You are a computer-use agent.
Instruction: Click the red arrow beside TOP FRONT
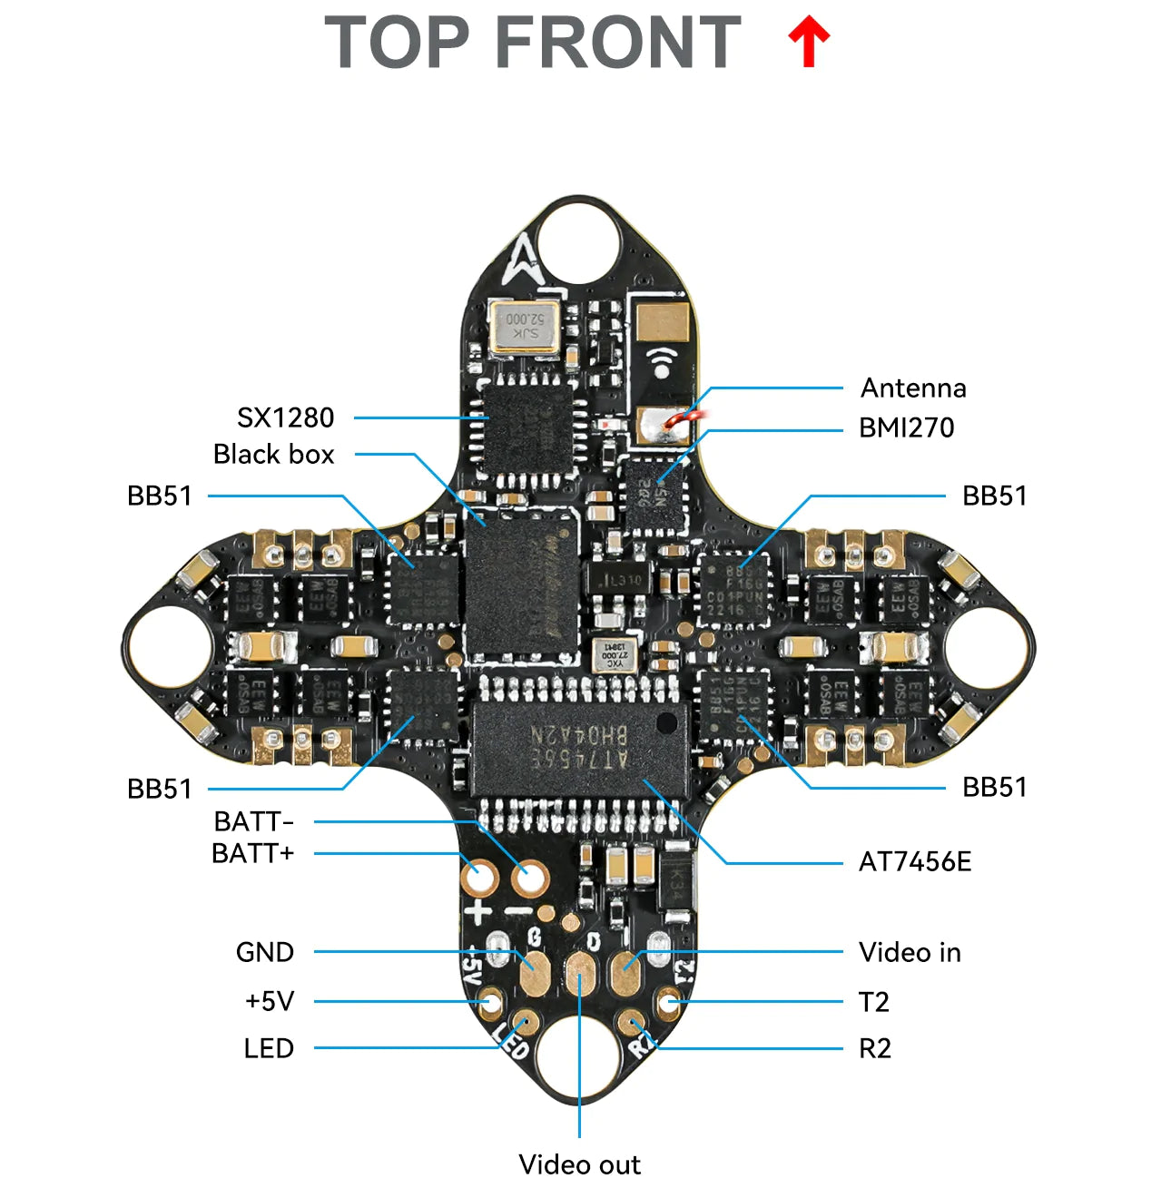pos(808,44)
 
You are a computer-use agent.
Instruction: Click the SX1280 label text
pos(285,417)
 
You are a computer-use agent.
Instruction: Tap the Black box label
pos(273,454)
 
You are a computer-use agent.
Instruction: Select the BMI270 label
pos(906,427)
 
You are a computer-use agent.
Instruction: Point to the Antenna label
pos(913,388)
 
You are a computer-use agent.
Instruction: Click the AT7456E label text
pos(914,861)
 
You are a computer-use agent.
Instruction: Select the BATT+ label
pos(252,854)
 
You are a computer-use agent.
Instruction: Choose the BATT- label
pos(253,821)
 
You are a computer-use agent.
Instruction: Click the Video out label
pos(579,1163)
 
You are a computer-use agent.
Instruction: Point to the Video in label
pos(910,952)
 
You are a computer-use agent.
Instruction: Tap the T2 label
pos(873,1002)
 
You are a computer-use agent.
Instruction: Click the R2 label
pos(874,1048)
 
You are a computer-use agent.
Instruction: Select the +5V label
pos(270,1001)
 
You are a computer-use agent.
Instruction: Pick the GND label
pos(265,952)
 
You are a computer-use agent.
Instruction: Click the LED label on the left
pos(269,1048)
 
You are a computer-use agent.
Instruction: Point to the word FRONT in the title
pos(619,43)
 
